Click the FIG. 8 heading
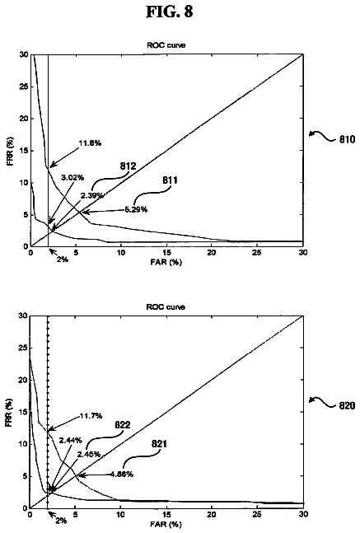[170, 12]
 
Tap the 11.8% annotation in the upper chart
[90, 143]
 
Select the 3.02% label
[72, 177]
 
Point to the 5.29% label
[136, 209]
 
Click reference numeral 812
[128, 166]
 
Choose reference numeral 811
[170, 180]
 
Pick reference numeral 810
[347, 139]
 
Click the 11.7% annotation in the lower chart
[91, 416]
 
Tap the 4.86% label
[122, 474]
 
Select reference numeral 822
[123, 425]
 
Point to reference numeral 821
[159, 444]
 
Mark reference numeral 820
[347, 405]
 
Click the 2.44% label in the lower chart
[70, 441]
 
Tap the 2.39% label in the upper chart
[91, 195]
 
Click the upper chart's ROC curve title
[166, 44]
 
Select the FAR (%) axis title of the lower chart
[166, 524]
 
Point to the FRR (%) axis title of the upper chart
[10, 151]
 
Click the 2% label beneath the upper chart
[63, 259]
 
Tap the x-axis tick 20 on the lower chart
[212, 514]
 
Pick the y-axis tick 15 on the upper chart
[23, 151]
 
